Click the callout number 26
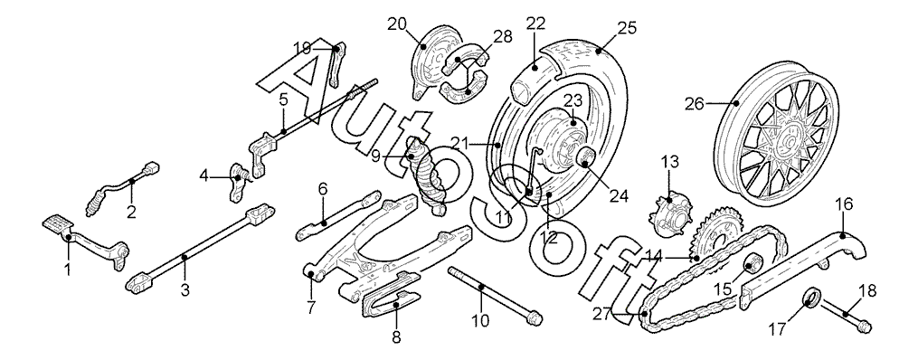click(x=695, y=104)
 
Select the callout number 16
click(x=844, y=205)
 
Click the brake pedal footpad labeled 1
click(x=59, y=223)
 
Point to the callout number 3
click(x=185, y=289)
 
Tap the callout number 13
click(x=670, y=162)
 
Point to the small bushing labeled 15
click(x=752, y=265)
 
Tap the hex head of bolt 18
click(x=863, y=325)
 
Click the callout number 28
click(x=503, y=36)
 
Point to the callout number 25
click(x=627, y=27)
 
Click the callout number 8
click(x=396, y=336)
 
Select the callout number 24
click(x=619, y=196)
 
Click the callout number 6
click(x=323, y=189)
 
